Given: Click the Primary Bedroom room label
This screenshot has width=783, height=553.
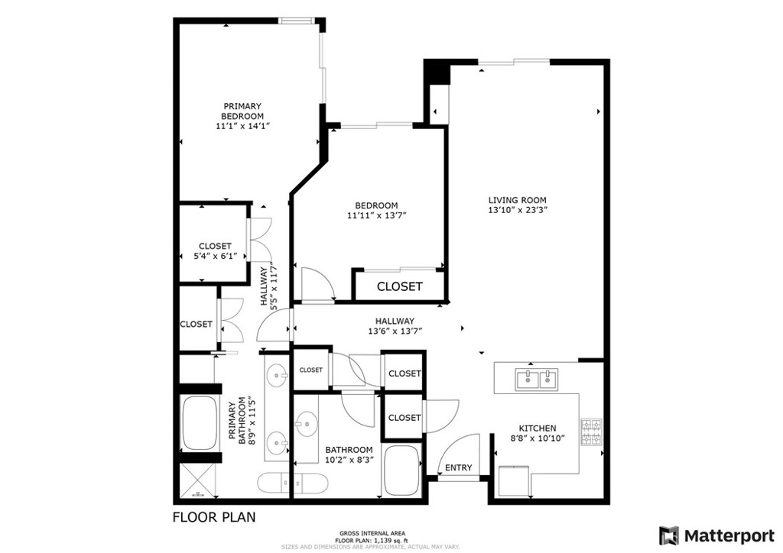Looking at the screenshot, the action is [242, 112].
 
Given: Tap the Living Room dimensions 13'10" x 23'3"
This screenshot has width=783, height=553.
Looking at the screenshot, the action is [518, 210].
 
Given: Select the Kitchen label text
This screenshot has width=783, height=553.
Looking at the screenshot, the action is [538, 428].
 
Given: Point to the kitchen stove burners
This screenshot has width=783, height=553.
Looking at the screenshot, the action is [592, 432].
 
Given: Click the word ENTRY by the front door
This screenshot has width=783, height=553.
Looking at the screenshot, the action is [458, 467].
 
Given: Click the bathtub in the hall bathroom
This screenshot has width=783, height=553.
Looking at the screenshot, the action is [402, 471].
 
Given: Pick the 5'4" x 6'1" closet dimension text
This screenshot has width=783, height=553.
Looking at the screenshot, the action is [215, 257].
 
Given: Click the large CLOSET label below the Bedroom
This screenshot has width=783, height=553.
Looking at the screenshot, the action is [399, 286].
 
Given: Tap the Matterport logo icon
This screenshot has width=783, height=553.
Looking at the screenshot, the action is [669, 536].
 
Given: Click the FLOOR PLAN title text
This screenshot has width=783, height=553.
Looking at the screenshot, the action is [214, 517].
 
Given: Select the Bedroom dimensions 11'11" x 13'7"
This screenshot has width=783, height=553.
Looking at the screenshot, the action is [377, 216].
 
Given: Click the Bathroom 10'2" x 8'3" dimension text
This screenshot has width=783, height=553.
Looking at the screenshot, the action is [349, 460].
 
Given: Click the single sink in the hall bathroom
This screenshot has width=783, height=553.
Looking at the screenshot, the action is [306, 425].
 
